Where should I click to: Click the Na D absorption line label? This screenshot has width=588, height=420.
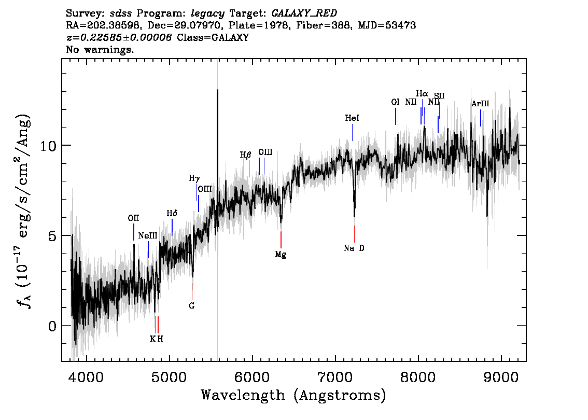(x=354, y=248)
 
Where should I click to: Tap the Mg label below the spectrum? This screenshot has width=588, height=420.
(x=281, y=255)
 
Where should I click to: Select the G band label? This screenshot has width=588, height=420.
(x=192, y=306)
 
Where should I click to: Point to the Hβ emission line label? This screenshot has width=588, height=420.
(x=245, y=155)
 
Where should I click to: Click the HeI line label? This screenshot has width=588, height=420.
(x=352, y=118)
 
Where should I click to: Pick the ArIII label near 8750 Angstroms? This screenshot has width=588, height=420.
(x=480, y=104)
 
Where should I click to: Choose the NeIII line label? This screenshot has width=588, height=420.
(x=148, y=236)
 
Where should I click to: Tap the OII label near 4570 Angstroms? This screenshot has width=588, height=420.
(x=133, y=218)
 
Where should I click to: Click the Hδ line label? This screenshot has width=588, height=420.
(x=172, y=214)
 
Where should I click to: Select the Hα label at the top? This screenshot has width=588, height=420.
(x=422, y=93)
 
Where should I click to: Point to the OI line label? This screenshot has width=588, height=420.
(x=395, y=102)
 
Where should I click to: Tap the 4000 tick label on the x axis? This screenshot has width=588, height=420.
(x=87, y=377)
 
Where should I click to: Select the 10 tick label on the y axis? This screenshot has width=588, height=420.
(x=48, y=146)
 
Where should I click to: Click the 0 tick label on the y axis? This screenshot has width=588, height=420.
(x=52, y=326)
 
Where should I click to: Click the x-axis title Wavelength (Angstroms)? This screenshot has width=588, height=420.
(x=293, y=396)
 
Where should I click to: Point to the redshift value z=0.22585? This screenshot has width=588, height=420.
(x=119, y=37)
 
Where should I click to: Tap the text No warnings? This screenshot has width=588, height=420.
(x=100, y=49)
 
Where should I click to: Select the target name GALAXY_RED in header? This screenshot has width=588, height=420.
(x=304, y=13)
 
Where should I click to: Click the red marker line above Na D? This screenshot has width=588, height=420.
(x=354, y=234)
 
